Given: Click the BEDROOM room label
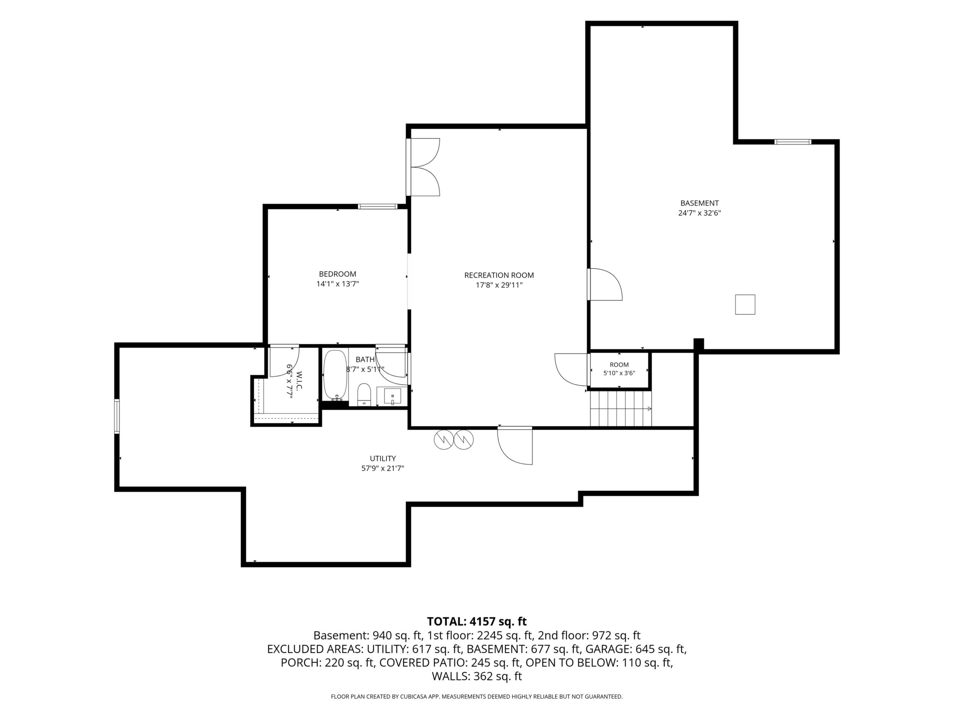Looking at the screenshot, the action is coord(338,274).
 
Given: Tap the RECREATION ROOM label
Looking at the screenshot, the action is coord(499,275).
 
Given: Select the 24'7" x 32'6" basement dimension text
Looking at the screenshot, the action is coord(699,213).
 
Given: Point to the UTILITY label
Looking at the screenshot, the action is coord(383,458).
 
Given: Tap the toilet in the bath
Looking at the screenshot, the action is coord(364,394).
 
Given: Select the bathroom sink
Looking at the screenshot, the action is coord(393,396).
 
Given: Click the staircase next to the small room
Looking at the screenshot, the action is coord(621,409).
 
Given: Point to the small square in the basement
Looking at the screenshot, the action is coord(745,304).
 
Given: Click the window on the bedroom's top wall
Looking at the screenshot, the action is coord(378,206).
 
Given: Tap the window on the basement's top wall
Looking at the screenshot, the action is coord(793,142).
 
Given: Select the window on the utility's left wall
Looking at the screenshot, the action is coord(117,416).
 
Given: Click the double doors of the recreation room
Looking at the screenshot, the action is coord(423,167).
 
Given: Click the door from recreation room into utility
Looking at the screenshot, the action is coord(515,445).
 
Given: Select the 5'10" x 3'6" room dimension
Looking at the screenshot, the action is coord(619,373).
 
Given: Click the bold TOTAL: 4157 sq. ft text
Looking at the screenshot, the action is coord(477,622).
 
